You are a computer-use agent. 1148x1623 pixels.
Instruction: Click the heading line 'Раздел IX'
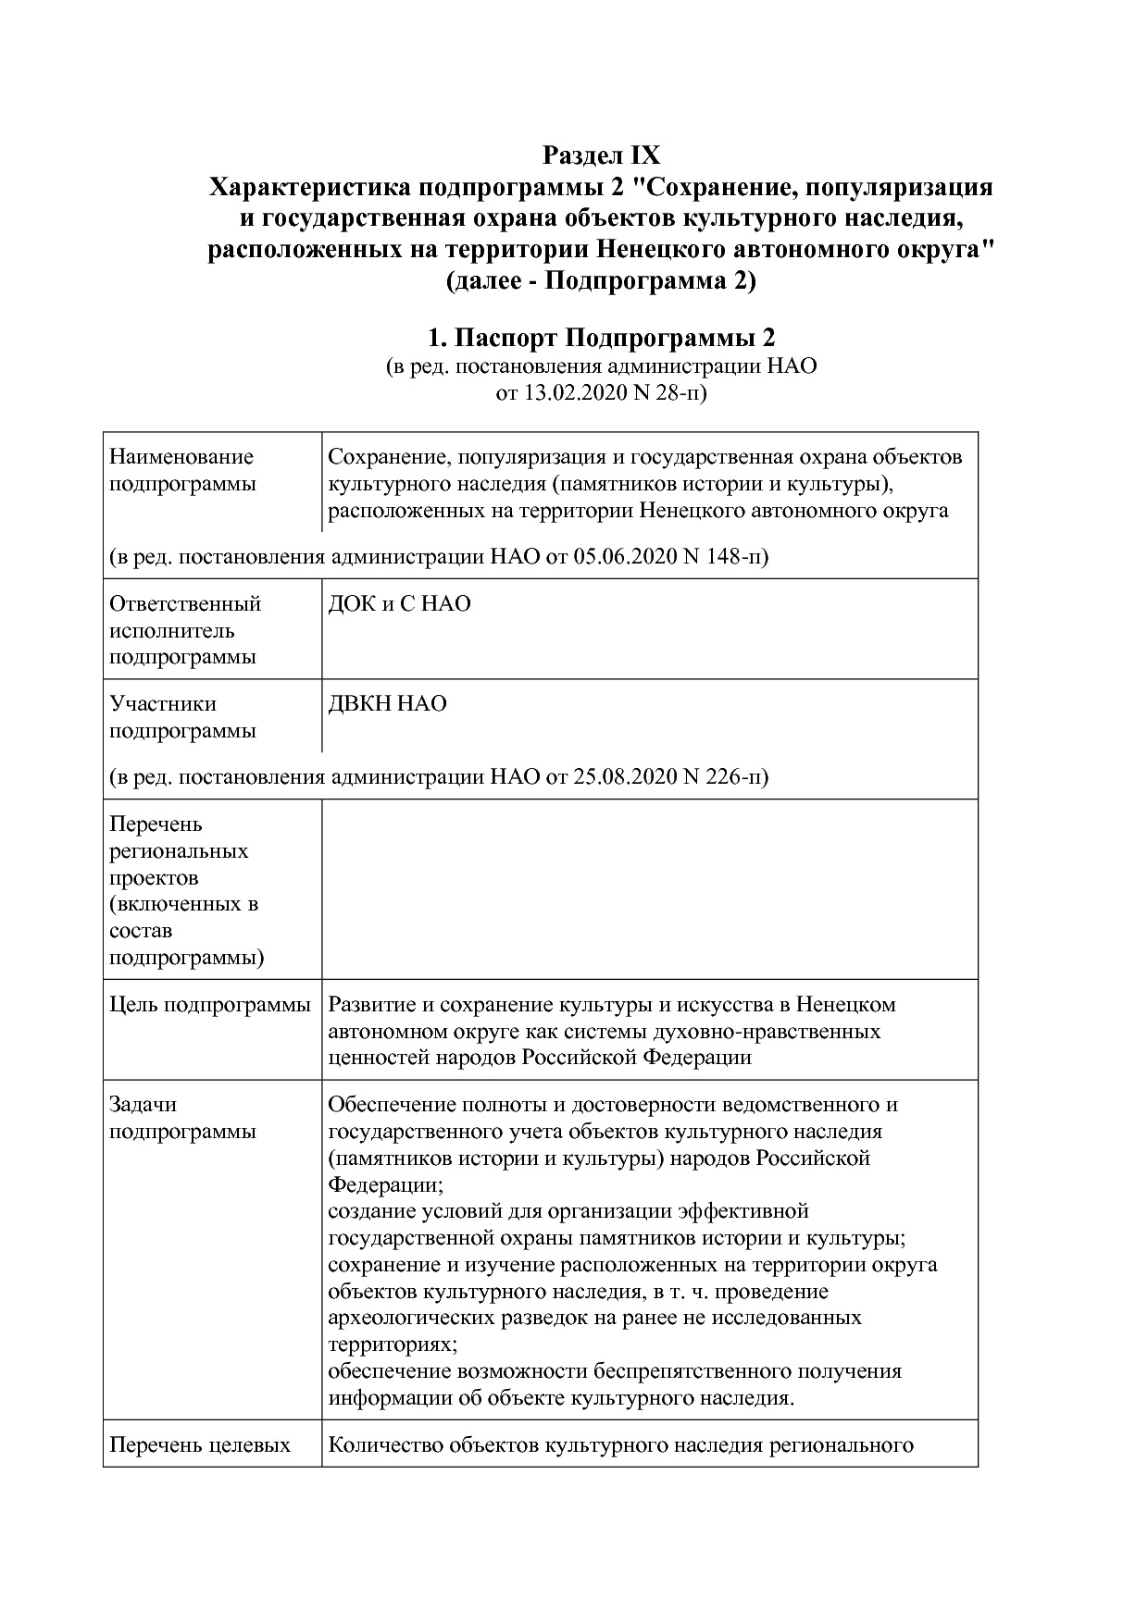pyautogui.click(x=601, y=154)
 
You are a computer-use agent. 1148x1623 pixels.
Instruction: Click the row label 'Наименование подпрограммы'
pyautogui.click(x=181, y=470)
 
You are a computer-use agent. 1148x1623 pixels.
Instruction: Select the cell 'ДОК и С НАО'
pyautogui.click(x=400, y=603)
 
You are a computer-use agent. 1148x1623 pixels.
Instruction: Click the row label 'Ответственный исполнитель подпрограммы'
pyautogui.click(x=185, y=630)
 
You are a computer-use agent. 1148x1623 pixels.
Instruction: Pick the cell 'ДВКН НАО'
pyautogui.click(x=388, y=703)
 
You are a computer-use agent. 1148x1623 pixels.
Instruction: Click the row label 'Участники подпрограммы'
pyautogui.click(x=182, y=717)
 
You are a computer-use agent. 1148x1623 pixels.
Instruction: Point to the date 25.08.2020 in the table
pyautogui.click(x=625, y=775)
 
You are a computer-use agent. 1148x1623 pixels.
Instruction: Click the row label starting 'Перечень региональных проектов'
pyautogui.click(x=185, y=889)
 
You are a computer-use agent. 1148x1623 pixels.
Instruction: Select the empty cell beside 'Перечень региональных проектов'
pyautogui.click(x=648, y=889)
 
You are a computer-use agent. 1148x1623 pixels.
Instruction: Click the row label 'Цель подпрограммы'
pyautogui.click(x=210, y=1004)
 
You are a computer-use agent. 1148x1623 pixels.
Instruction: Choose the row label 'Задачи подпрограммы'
pyautogui.click(x=182, y=1118)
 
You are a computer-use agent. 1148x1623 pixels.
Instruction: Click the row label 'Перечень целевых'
pyautogui.click(x=200, y=1445)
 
